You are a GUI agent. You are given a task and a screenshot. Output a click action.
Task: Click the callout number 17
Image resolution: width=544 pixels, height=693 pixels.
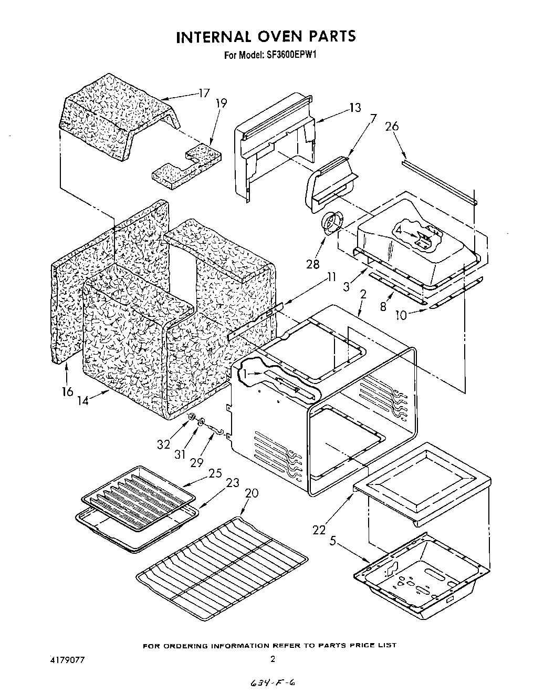coord(204,94)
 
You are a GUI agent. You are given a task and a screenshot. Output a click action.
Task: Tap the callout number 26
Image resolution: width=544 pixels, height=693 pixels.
coord(392,127)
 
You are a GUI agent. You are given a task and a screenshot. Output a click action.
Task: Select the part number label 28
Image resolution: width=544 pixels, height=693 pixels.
coord(312,264)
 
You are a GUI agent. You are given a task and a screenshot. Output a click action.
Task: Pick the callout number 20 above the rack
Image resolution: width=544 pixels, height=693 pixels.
coord(252,493)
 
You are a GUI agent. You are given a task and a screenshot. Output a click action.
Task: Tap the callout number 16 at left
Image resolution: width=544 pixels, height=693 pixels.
coord(67,392)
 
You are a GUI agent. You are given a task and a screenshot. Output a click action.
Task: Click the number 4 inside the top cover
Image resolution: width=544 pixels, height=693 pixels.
coord(399,230)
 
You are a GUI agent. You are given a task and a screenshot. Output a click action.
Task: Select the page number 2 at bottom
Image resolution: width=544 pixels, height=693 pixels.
coord(273,659)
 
